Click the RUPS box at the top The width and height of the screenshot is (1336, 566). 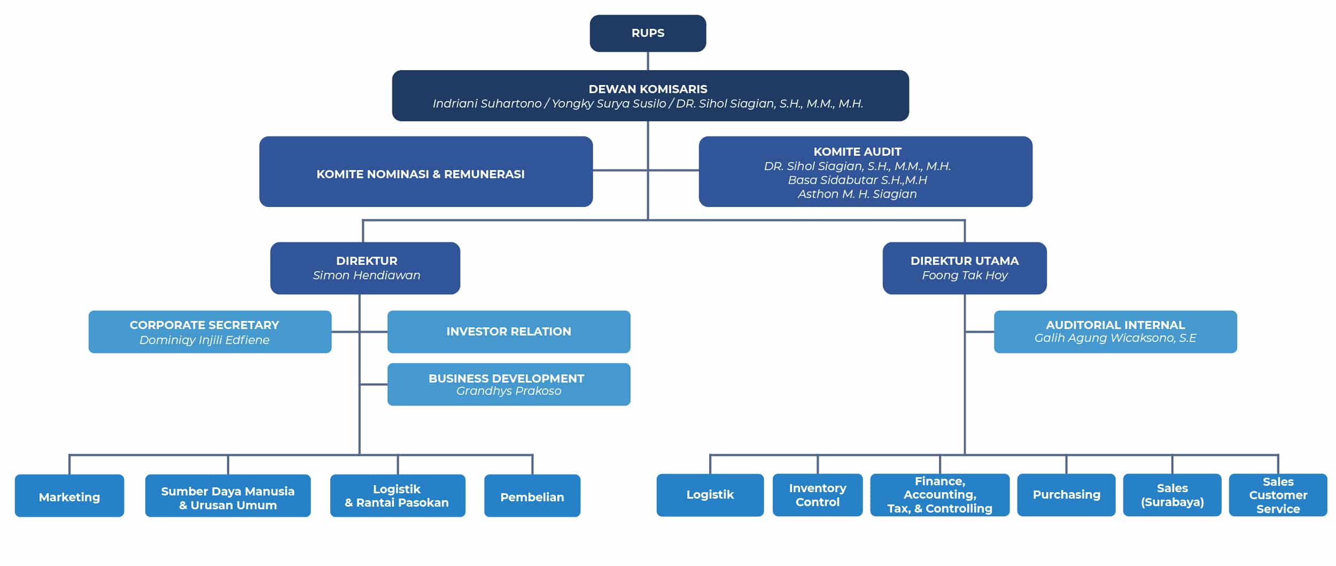[x=648, y=33]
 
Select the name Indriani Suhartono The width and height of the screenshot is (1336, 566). [x=486, y=104]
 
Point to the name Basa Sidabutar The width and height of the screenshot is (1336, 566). [x=857, y=180]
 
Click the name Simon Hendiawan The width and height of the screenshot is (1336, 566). [x=366, y=276]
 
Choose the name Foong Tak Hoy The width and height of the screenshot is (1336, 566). [x=964, y=276]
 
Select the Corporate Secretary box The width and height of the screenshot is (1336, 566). [x=209, y=332]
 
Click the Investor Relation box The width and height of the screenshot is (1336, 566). [x=508, y=332]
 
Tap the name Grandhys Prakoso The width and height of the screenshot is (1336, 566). [x=508, y=391]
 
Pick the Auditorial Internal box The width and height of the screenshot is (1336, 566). [x=1115, y=332]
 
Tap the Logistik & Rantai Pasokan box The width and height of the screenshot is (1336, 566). [x=397, y=496]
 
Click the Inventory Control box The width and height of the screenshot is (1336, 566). [x=817, y=495]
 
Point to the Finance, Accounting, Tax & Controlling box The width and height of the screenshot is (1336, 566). [x=939, y=495]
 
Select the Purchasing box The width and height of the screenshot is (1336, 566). [x=1066, y=495]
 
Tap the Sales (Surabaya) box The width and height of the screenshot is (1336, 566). [x=1171, y=495]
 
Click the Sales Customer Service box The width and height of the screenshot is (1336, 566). [x=1277, y=495]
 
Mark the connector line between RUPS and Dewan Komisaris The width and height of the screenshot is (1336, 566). [x=648, y=61]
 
